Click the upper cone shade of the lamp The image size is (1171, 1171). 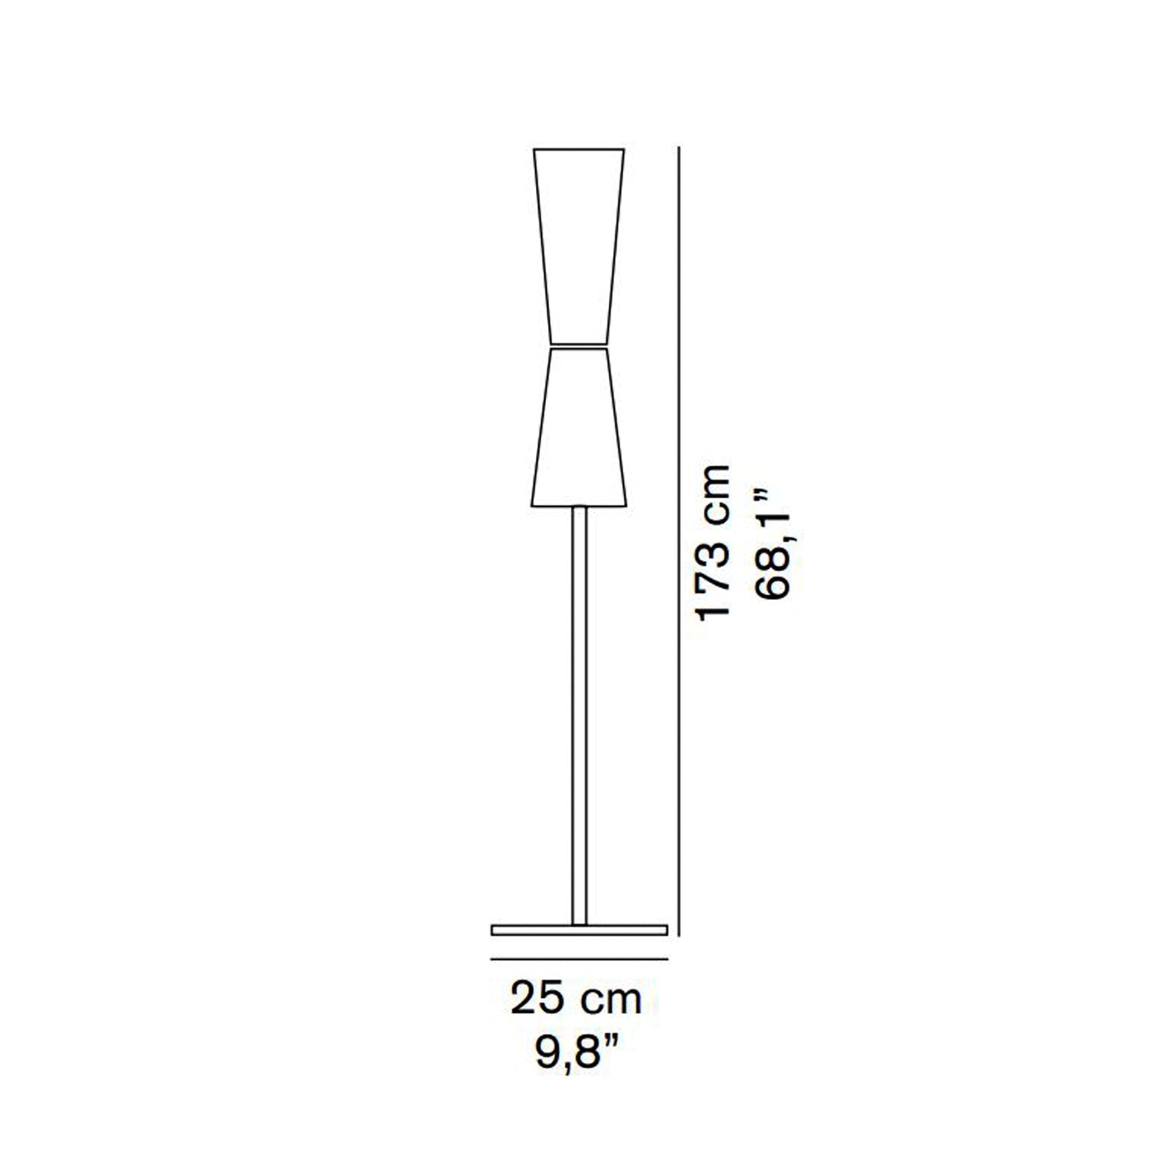coord(579,245)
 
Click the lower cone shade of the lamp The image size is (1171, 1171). coord(579,427)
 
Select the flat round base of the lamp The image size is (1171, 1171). coord(579,930)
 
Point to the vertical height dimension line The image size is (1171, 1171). coord(679,541)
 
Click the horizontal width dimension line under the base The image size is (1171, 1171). coord(579,959)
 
